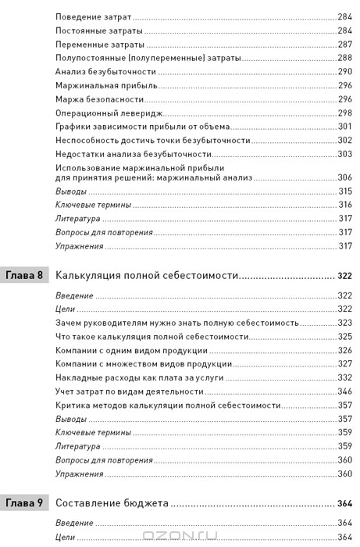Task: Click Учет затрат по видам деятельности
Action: click(128, 390)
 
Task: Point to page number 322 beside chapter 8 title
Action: click(345, 276)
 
